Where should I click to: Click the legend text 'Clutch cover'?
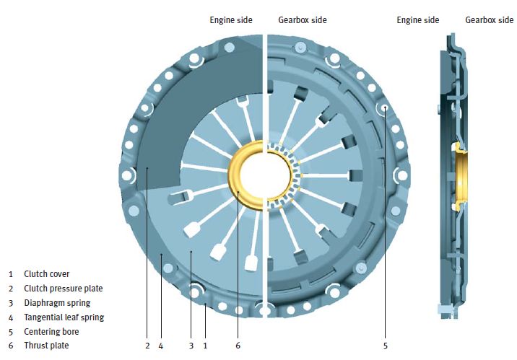pos(47,274)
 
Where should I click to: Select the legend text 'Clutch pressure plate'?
pos(63,289)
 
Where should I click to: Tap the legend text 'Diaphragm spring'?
pos(57,303)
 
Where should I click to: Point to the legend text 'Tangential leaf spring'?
pos(64,317)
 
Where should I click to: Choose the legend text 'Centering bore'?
pos(51,332)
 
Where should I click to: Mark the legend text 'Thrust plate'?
pos(46,346)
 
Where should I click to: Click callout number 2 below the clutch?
pos(147,346)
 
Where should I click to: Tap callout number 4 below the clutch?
pos(161,346)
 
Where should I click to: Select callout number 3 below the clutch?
pos(191,346)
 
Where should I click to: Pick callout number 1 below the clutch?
pos(205,346)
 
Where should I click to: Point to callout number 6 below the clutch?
pos(238,346)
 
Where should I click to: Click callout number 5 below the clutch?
pos(386,346)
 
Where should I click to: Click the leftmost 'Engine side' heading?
pos(231,19)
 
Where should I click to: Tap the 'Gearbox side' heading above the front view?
pos(303,19)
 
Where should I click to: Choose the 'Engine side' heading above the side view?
pos(418,19)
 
